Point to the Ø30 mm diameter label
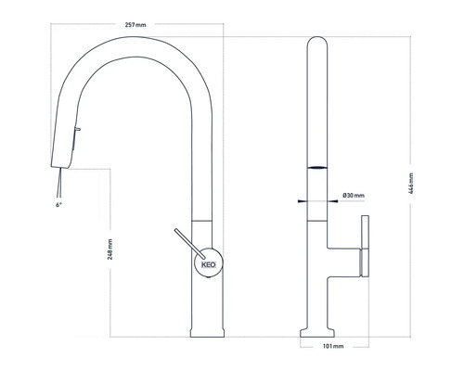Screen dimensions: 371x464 coord(354,195)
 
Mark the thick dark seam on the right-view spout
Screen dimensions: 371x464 coord(316,168)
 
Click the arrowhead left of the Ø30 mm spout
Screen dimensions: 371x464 coord(301,198)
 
